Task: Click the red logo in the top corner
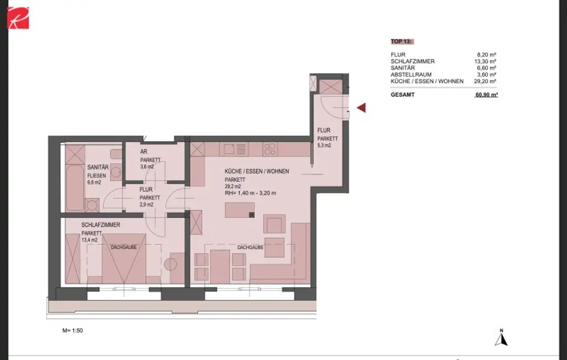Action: pyautogui.click(x=18, y=17)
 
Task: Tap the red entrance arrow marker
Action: pyautogui.click(x=361, y=108)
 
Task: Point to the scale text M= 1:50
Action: pyautogui.click(x=73, y=330)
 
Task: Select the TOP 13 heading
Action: pyautogui.click(x=402, y=42)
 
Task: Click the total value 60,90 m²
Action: pyautogui.click(x=486, y=95)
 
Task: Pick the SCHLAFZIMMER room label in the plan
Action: pyautogui.click(x=101, y=225)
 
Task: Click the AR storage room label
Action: pyautogui.click(x=143, y=152)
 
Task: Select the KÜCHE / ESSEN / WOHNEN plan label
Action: pyautogui.click(x=256, y=172)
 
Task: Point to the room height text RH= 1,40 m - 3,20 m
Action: pyautogui.click(x=250, y=193)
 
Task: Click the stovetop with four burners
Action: pyautogui.click(x=270, y=149)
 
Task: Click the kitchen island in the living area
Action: pyautogui.click(x=239, y=210)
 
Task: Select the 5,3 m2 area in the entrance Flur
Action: pyautogui.click(x=324, y=146)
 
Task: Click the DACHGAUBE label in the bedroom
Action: pyautogui.click(x=123, y=247)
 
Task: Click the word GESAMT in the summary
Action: pyautogui.click(x=402, y=95)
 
